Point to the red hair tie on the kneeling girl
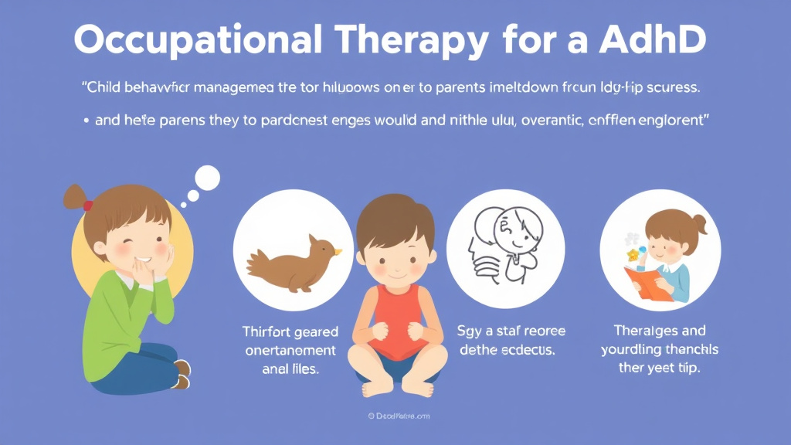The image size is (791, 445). (88, 206)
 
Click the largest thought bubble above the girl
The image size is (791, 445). (207, 178)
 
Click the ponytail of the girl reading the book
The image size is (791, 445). (700, 225)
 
